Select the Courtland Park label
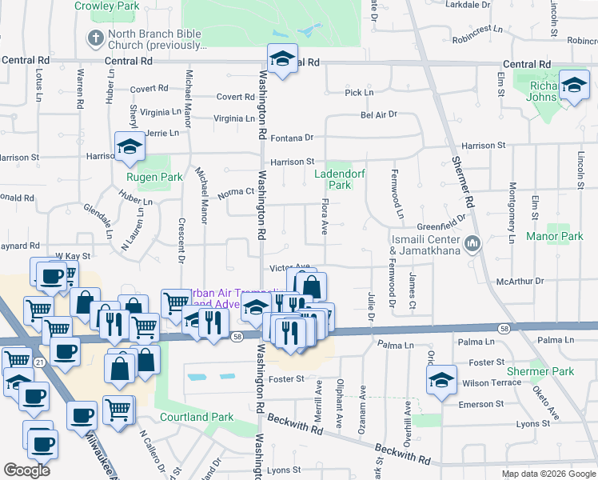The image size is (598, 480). point(197,417)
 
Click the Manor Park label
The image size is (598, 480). point(555,237)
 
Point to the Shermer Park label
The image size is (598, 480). point(540,371)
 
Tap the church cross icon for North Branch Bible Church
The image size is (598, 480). point(95,38)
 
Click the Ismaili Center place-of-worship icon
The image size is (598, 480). point(472,241)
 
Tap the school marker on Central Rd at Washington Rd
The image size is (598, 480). point(282,59)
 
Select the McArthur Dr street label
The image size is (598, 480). point(520,282)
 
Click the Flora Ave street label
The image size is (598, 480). point(325,218)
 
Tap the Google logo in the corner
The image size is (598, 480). point(27,470)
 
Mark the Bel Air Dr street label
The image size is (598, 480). point(379,115)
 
